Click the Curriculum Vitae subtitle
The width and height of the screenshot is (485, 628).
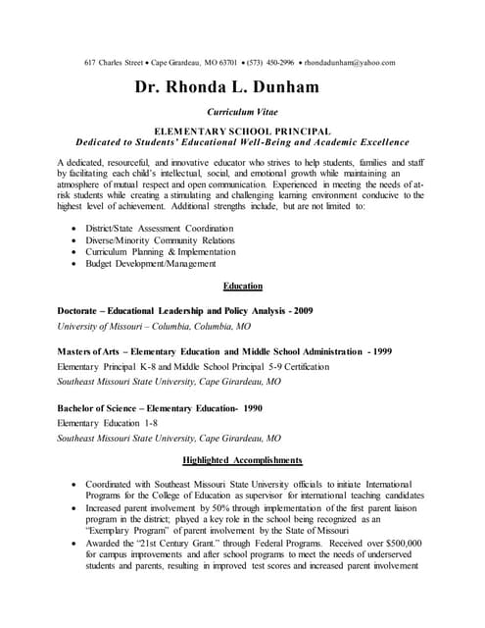(242, 114)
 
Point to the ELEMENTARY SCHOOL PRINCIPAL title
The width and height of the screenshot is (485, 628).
(242, 131)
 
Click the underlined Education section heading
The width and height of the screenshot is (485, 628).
(243, 287)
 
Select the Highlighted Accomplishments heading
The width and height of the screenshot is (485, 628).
(243, 460)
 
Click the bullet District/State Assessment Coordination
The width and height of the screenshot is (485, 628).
(159, 228)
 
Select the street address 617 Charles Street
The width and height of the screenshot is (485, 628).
(116, 62)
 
